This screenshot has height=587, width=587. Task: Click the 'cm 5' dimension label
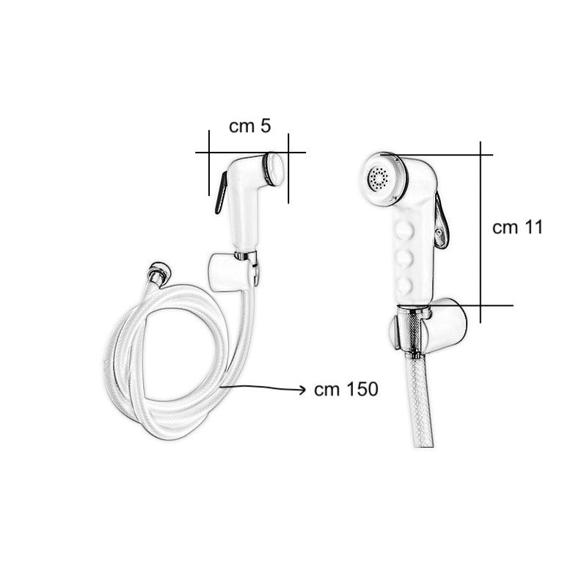249,125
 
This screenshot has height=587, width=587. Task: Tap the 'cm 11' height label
517,227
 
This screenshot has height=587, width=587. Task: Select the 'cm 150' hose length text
346,390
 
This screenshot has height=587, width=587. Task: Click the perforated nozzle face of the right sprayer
379,178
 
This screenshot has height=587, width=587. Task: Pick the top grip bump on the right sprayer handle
404,233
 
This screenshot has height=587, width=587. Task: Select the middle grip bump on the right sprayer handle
404,258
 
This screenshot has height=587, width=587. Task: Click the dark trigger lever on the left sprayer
219,193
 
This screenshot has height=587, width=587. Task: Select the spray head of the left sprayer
274,168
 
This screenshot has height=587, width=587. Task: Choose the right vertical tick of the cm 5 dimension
288,167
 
